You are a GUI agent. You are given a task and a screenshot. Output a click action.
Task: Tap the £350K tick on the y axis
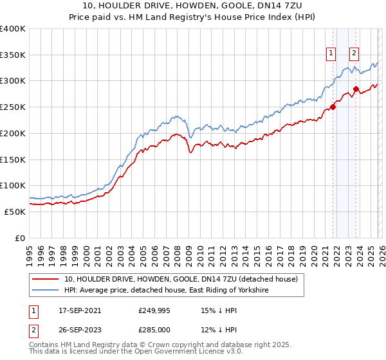13,55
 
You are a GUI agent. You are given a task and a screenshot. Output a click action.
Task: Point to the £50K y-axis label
15,212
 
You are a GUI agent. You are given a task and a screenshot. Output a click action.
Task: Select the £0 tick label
21,238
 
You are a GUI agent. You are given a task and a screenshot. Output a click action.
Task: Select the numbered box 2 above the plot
354,54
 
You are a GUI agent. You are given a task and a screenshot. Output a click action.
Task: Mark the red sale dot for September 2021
333,107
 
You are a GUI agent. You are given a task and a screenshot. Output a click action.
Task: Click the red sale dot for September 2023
356,89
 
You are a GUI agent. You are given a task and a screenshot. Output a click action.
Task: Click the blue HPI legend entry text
166,291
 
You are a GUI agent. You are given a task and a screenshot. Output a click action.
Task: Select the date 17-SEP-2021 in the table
79,310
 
